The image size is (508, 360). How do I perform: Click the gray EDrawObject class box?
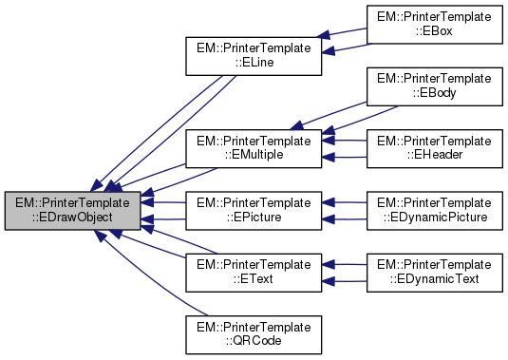pos(73,210)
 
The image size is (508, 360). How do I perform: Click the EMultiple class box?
pos(254,148)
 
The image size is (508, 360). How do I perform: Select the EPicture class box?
pos(254,210)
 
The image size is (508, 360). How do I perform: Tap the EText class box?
pos(254,271)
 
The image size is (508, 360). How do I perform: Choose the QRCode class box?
pos(254,332)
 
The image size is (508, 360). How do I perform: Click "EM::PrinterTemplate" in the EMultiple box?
pos(254,141)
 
